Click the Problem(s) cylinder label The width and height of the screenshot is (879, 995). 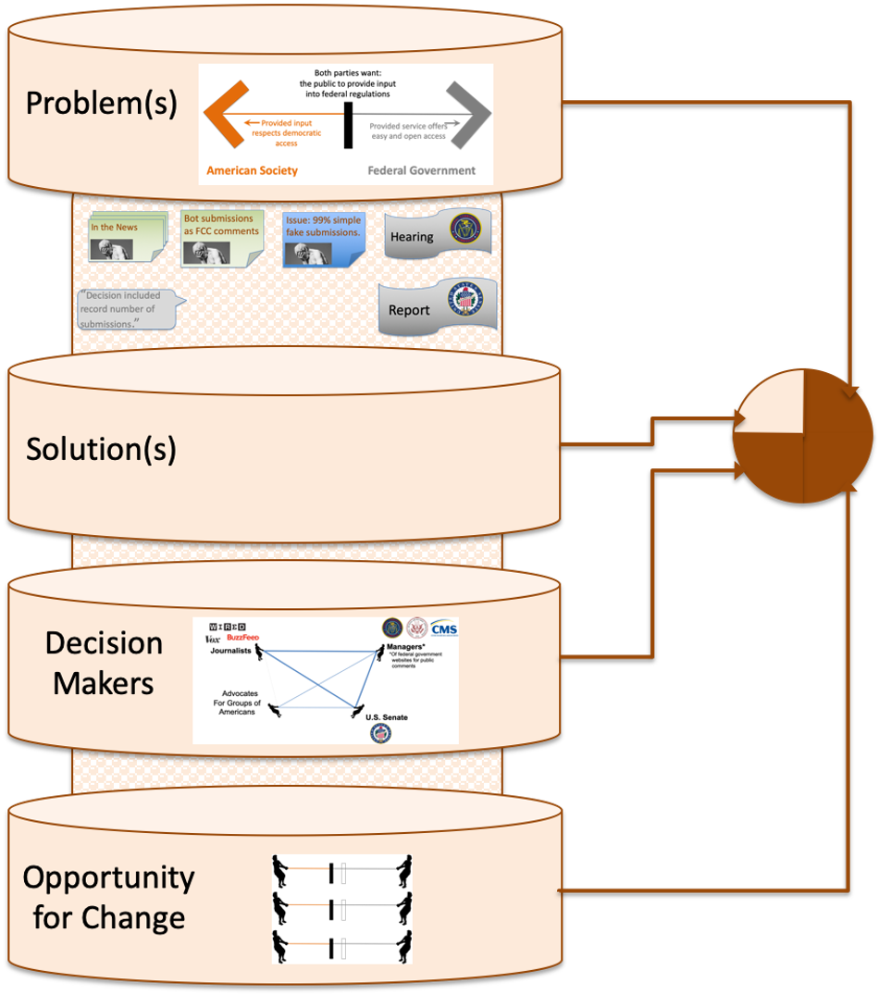click(101, 104)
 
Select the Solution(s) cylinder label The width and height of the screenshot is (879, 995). click(101, 449)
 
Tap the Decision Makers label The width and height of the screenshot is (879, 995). click(104, 663)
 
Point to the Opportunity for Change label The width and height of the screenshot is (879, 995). click(108, 897)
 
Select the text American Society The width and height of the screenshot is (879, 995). click(252, 171)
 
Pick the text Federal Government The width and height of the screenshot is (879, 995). click(421, 171)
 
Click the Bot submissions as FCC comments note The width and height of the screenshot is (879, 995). click(222, 238)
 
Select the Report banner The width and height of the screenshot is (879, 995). click(437, 308)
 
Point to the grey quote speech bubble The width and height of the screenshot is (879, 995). click(126, 309)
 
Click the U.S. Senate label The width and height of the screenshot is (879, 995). click(386, 717)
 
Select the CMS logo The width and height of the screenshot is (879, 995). click(444, 630)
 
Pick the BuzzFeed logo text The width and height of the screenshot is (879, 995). click(245, 639)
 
